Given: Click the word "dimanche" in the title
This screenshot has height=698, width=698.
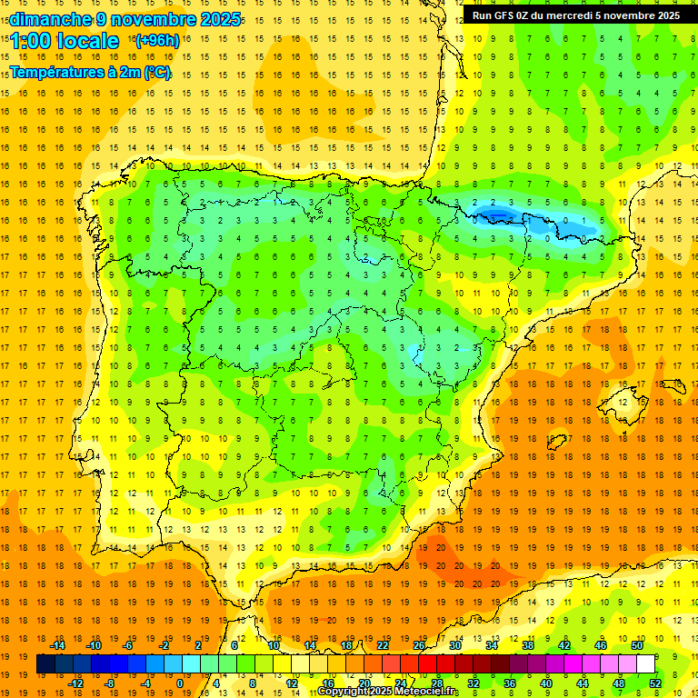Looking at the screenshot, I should (x=45, y=19).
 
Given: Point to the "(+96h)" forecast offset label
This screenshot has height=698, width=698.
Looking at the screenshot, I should (x=156, y=41).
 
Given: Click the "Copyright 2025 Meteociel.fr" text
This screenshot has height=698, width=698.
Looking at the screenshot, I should (x=388, y=692).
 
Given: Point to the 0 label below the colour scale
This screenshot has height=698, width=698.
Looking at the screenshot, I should (x=179, y=683).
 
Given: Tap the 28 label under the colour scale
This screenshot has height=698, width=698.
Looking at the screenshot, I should (x=436, y=683).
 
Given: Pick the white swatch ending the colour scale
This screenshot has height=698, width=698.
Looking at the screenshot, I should (x=645, y=664).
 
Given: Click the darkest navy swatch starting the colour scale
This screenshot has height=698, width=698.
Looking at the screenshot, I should (x=45, y=664).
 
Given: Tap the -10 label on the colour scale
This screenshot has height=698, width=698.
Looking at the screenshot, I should (x=94, y=645).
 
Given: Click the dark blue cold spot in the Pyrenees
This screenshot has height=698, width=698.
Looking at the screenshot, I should (x=495, y=214).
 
